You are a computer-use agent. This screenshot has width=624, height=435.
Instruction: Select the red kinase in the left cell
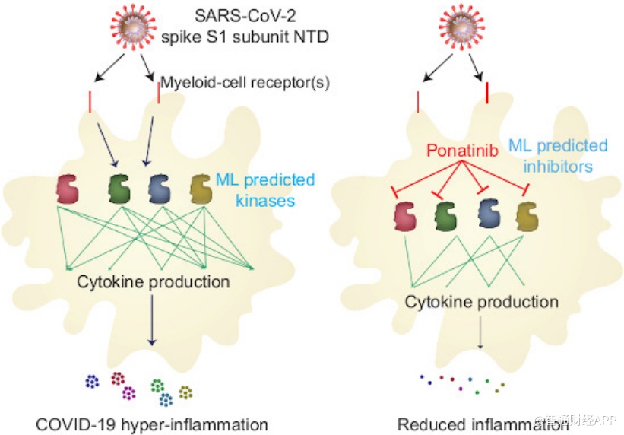(68, 188)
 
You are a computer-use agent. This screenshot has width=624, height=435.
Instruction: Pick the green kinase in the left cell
(119, 188)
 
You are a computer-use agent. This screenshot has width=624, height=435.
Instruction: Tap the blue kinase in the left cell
(158, 188)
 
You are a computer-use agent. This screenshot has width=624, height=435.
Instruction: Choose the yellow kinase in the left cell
(201, 188)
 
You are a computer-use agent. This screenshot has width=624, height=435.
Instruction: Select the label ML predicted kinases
(264, 189)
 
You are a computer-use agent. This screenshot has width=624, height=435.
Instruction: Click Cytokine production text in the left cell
(153, 282)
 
